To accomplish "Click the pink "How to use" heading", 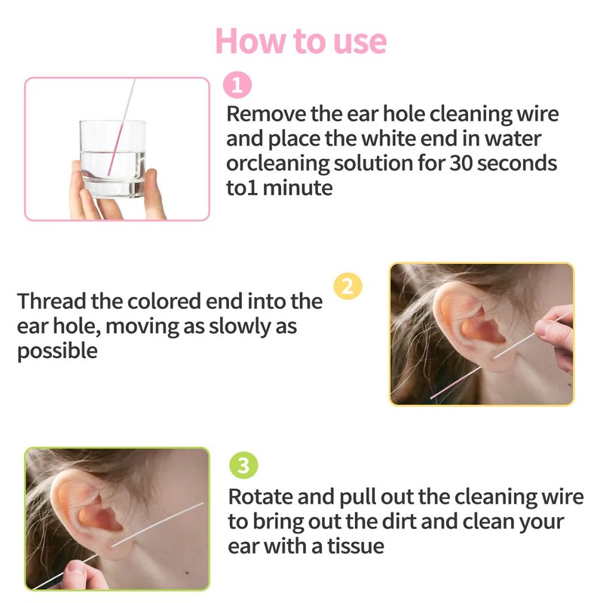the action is pyautogui.click(x=301, y=41).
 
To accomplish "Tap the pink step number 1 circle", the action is pyautogui.click(x=237, y=85).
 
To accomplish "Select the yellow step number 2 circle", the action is pyautogui.click(x=347, y=286).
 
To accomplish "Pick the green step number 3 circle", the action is pyautogui.click(x=243, y=465).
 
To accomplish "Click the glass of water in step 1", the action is pyautogui.click(x=112, y=159).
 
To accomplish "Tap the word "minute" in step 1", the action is pyautogui.click(x=298, y=188).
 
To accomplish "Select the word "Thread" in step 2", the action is pyautogui.click(x=51, y=301).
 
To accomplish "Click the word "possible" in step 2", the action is pyautogui.click(x=57, y=351).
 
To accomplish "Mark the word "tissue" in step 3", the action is pyautogui.click(x=355, y=546).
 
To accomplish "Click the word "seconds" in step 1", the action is pyautogui.click(x=517, y=163).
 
